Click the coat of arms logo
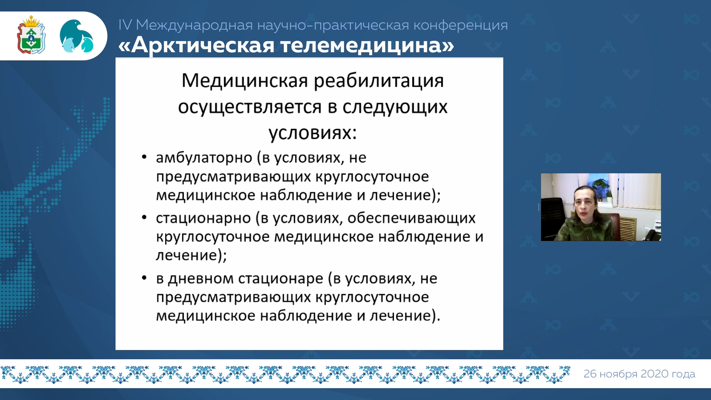(x=31, y=35)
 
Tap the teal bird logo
(x=77, y=36)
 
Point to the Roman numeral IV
(x=125, y=25)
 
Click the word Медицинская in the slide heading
(x=245, y=81)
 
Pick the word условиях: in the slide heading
(x=313, y=133)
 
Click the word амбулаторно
(x=204, y=158)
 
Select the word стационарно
(x=203, y=219)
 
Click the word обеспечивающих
(x=411, y=218)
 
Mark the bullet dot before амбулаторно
(x=144, y=157)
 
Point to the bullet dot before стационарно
(x=144, y=217)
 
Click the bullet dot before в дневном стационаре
(x=144, y=278)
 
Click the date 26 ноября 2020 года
(x=639, y=374)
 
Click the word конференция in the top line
(x=460, y=25)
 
